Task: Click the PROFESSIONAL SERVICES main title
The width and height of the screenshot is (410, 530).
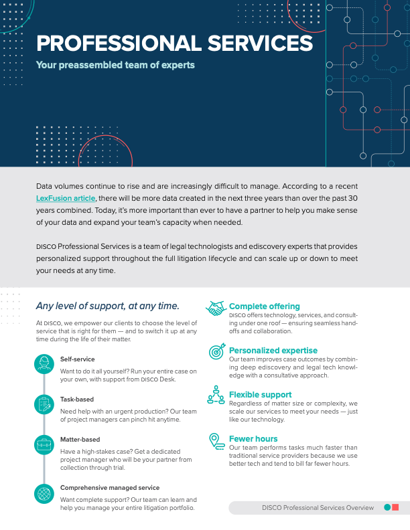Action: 174,44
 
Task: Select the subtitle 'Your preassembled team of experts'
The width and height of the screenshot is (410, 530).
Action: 115,66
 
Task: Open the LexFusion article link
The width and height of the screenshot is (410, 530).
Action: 66,198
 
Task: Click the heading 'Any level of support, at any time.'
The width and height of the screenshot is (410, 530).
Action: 107,306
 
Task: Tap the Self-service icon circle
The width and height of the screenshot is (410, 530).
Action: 44,363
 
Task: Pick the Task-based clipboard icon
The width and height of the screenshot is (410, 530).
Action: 44,404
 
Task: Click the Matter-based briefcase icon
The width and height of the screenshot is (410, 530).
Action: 44,444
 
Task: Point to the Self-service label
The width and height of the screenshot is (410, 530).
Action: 78,359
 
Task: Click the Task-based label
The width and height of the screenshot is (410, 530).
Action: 77,400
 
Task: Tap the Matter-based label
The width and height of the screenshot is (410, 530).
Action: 80,440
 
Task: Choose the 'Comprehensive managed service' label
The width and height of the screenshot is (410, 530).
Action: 110,488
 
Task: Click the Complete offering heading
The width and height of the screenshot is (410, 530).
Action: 265,306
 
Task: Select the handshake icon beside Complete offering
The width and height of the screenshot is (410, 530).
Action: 216,308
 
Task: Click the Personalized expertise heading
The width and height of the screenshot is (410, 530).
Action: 273,350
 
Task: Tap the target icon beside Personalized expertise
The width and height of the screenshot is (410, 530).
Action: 216,351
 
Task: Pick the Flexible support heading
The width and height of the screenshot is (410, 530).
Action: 261,395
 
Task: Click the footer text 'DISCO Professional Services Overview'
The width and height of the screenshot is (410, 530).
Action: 318,508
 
